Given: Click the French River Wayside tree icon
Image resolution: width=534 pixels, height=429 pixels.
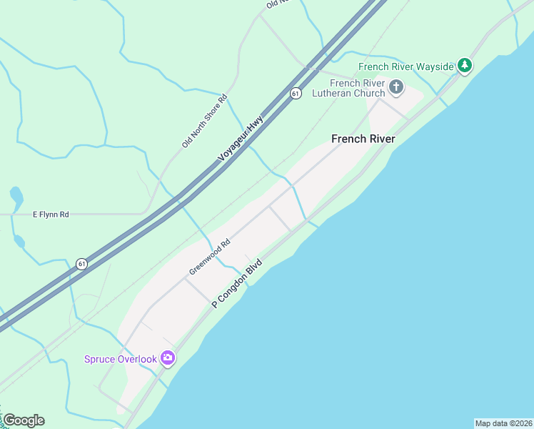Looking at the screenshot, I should coord(465,66).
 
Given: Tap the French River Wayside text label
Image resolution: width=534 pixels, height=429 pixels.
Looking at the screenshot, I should coord(406,66).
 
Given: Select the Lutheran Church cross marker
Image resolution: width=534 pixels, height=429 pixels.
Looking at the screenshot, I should coord(396,88).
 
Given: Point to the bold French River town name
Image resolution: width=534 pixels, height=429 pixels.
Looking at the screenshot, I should coord(363,139).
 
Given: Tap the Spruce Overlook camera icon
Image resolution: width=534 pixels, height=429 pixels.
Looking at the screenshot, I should coord(168,357).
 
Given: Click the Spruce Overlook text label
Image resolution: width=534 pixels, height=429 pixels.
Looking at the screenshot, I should coord(120,359).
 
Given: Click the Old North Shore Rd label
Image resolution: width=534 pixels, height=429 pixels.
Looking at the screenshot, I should coord(204,121).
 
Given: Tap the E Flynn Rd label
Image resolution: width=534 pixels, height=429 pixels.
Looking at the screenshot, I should coord(51,214).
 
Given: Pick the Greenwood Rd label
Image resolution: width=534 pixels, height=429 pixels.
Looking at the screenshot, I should coord(210,257).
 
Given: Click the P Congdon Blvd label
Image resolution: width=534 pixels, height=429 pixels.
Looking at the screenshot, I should coord(237,284).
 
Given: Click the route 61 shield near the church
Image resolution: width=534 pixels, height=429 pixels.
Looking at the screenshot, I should coord(296,94).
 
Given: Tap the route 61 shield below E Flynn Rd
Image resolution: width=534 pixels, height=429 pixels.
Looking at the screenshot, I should coord(82,264).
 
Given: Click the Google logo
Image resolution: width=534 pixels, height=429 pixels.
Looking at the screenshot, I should coord(24,420).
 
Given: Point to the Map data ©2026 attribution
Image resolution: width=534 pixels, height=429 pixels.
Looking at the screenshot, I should coord(503,423).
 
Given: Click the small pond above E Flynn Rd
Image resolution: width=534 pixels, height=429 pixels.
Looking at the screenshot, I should coord(16,195).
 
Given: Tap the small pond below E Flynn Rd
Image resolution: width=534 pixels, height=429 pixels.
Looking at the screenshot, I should coord(19,242).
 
